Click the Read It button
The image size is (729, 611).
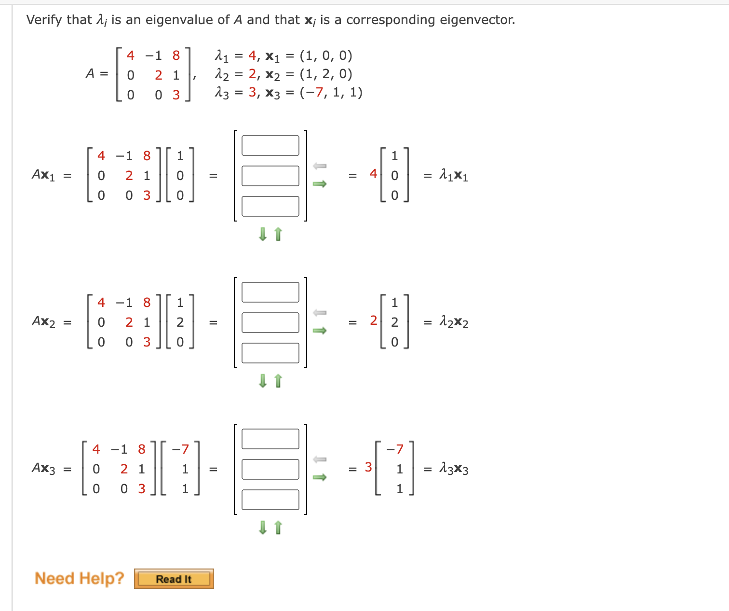pyautogui.click(x=174, y=579)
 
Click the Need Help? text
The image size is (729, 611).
pyautogui.click(x=80, y=578)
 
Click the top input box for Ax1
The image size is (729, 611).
pyautogui.click(x=270, y=145)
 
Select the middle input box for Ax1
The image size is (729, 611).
pyautogui.click(x=270, y=176)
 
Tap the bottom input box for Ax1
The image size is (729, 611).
pyautogui.click(x=270, y=206)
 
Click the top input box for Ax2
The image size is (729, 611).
pyautogui.click(x=270, y=292)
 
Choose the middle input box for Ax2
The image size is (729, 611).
pyautogui.click(x=270, y=322)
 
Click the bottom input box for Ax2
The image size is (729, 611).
pyautogui.click(x=270, y=353)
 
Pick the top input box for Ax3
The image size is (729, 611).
pyautogui.click(x=270, y=439)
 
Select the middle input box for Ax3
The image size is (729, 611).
pyautogui.click(x=270, y=469)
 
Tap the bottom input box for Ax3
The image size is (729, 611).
pyautogui.click(x=270, y=500)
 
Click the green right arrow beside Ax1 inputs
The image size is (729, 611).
pyautogui.click(x=320, y=184)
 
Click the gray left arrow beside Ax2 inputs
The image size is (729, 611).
pyautogui.click(x=320, y=312)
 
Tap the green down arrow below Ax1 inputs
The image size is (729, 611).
pyautogui.click(x=263, y=235)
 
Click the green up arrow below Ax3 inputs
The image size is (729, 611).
pyautogui.click(x=278, y=528)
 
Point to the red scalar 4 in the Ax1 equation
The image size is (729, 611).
pyautogui.click(x=373, y=174)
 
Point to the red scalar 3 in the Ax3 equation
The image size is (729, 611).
pyautogui.click(x=368, y=467)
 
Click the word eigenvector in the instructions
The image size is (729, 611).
pyautogui.click(x=480, y=20)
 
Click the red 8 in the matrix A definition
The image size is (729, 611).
pyautogui.click(x=176, y=56)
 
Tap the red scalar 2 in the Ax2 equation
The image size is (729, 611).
pyautogui.click(x=373, y=320)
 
